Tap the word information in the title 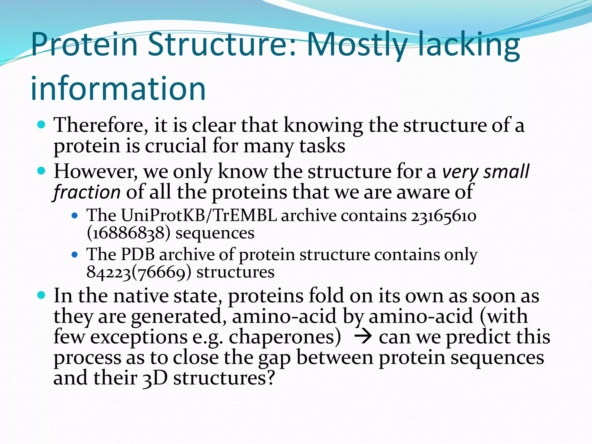(118, 88)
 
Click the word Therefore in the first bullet (99, 126)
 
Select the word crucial (175, 146)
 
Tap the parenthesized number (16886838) (128, 233)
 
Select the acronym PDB (138, 254)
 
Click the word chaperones (285, 338)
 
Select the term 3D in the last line (155, 378)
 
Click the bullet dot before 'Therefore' (42, 125)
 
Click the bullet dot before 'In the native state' (42, 295)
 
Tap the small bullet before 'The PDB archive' (75, 254)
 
